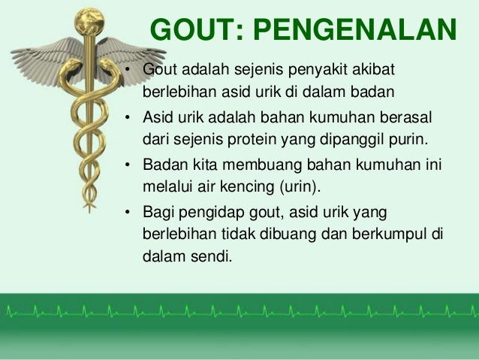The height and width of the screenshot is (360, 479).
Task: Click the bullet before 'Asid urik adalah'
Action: tap(129, 118)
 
